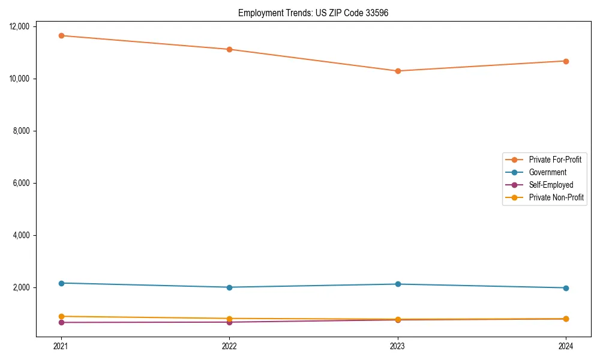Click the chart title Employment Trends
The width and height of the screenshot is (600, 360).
(x=313, y=13)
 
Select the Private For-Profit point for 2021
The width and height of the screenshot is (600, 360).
(x=61, y=35)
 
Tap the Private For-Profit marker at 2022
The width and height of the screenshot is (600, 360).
(x=229, y=49)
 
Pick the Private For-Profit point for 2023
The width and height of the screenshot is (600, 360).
(x=398, y=71)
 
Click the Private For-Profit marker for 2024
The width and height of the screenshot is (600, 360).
(x=566, y=61)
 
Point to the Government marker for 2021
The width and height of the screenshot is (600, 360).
(x=61, y=283)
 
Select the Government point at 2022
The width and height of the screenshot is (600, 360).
(x=229, y=287)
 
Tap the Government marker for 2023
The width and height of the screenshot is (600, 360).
(x=398, y=284)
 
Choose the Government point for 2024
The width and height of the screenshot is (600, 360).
(x=566, y=288)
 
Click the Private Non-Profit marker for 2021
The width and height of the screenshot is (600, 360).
(x=61, y=316)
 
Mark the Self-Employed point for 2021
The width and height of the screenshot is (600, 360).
(x=61, y=323)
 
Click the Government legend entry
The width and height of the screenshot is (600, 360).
(x=547, y=172)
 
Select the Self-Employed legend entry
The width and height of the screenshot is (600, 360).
(x=551, y=185)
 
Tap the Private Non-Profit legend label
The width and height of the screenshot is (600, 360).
(x=556, y=197)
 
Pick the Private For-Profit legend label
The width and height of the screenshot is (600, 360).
(x=555, y=160)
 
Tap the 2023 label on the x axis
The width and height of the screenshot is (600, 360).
(x=398, y=346)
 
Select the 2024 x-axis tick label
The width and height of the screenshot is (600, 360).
(x=566, y=346)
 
